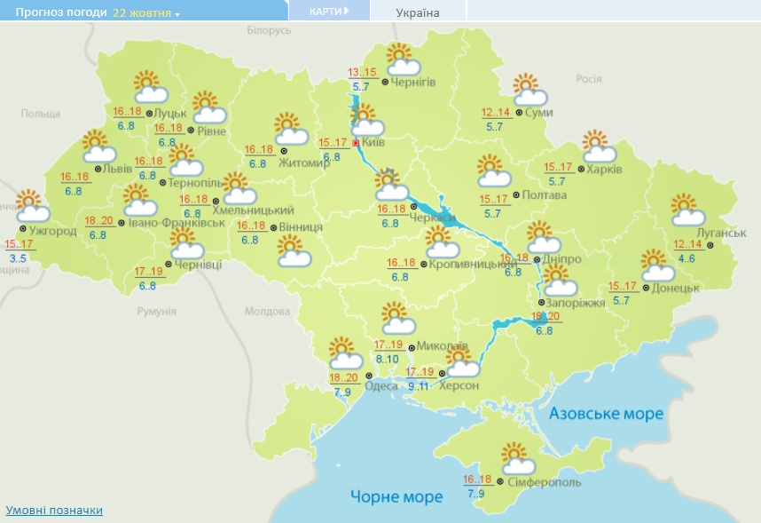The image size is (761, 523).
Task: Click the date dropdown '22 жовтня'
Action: pos(145,13)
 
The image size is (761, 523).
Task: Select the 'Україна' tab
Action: pos(417,12)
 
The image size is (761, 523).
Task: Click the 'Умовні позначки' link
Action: pos(54,511)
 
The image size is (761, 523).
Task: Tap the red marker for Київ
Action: pos(356,141)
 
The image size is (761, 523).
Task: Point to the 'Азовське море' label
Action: pos(606,415)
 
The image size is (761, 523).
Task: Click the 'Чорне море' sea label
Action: pos(396,496)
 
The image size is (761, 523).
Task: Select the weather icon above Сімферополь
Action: pos(518,459)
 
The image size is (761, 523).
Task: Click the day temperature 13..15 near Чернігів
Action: pos(362,73)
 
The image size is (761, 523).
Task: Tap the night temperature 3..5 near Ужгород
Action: pos(18,258)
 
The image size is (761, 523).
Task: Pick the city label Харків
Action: pos(605,169)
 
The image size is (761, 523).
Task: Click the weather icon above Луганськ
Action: pos(687,210)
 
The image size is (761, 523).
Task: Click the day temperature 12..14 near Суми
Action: pos(497,113)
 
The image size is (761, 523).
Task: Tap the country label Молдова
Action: pos(268,312)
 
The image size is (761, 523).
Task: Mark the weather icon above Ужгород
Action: pos(32,206)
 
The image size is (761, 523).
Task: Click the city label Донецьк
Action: pos(676,288)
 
